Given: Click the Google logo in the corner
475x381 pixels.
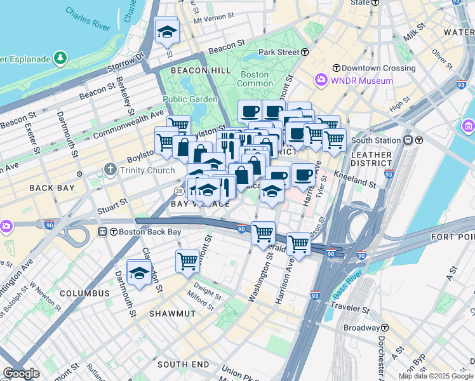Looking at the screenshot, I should coord(21,373).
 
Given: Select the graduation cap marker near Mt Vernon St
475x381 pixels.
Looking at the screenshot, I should coord(167,31).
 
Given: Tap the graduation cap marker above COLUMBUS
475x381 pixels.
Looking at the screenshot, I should coord(138,273).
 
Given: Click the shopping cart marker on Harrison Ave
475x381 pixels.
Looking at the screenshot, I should coord(298,244).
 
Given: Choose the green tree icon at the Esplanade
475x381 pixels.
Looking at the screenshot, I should coord(61,58).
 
